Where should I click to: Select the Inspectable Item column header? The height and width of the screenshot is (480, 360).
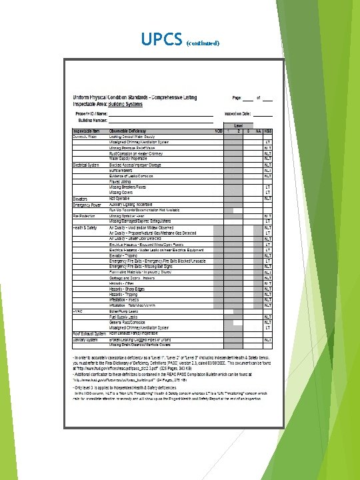click(87, 131)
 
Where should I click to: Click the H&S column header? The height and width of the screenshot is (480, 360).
click(267, 131)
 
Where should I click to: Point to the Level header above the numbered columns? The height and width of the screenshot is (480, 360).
click(237, 125)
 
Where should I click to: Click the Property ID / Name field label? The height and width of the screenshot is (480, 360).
click(94, 114)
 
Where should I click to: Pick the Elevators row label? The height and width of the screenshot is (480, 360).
click(81, 199)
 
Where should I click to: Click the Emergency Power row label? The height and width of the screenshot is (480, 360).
click(87, 204)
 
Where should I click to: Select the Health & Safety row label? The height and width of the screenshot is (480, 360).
click(86, 227)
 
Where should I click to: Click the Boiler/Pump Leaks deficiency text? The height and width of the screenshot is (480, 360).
click(123, 311)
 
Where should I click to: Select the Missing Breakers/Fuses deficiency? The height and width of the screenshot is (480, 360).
click(129, 187)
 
